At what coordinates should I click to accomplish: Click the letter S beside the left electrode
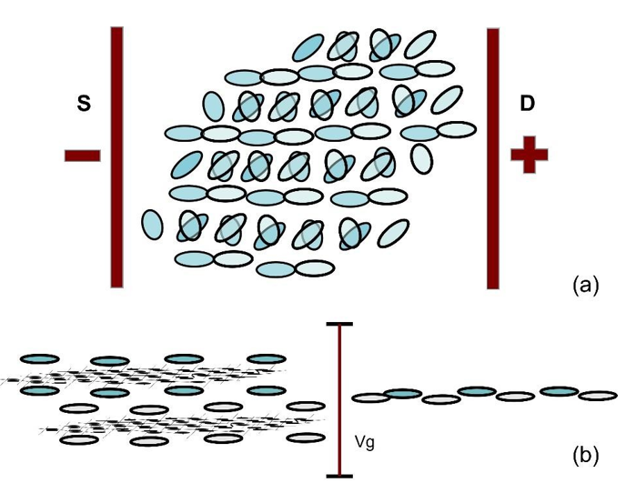tap(83, 105)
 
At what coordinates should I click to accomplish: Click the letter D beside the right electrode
tap(527, 105)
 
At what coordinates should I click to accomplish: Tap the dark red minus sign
tap(83, 156)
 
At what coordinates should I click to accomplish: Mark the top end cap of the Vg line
tap(340, 324)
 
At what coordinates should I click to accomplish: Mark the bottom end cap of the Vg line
tap(340, 475)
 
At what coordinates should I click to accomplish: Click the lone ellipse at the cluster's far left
tap(152, 224)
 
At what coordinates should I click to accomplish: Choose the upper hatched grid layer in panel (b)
tap(146, 375)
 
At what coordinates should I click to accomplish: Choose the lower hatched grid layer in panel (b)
tap(182, 424)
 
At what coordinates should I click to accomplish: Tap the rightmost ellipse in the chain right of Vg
tap(598, 396)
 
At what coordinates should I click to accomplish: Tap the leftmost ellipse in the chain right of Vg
tap(369, 397)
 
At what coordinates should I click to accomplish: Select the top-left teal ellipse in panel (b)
tap(39, 359)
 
